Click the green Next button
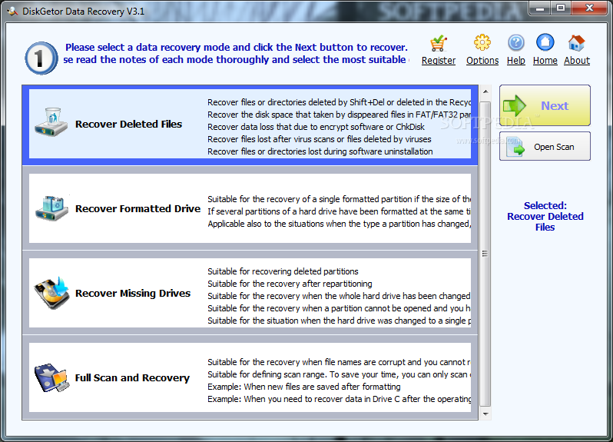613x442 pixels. coord(545,105)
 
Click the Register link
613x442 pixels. coord(439,60)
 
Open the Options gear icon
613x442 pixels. coord(482,42)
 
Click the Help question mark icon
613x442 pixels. coord(516,42)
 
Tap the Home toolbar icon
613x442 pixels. coord(545,42)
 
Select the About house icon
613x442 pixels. coord(576,42)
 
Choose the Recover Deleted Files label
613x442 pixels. coord(128,124)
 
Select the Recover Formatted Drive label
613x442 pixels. coord(138,208)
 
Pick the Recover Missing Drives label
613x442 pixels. coord(133,293)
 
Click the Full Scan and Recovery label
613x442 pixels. coord(132,377)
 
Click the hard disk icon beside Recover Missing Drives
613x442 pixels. coord(51,293)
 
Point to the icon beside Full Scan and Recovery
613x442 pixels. coord(51,377)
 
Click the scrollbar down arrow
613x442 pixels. coord(485,414)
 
